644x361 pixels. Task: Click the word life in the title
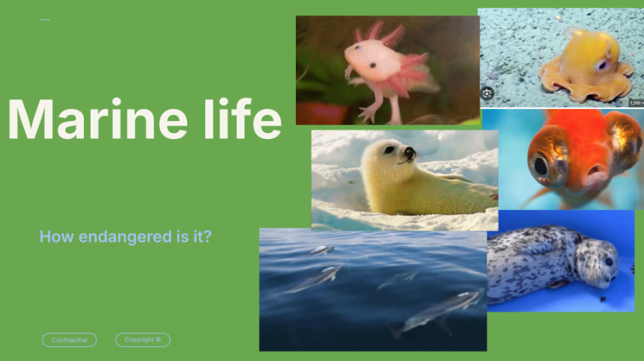click(243, 119)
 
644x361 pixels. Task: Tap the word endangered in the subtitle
click(125, 237)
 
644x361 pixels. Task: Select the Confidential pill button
click(70, 339)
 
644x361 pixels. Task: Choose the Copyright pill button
click(143, 339)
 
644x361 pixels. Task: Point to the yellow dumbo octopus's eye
click(603, 65)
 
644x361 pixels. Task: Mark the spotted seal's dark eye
click(608, 261)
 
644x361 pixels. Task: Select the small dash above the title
click(44, 19)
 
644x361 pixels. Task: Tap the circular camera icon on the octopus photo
click(487, 93)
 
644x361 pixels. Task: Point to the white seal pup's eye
click(388, 150)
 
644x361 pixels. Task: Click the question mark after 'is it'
click(207, 236)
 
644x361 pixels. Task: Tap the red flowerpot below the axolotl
click(324, 114)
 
